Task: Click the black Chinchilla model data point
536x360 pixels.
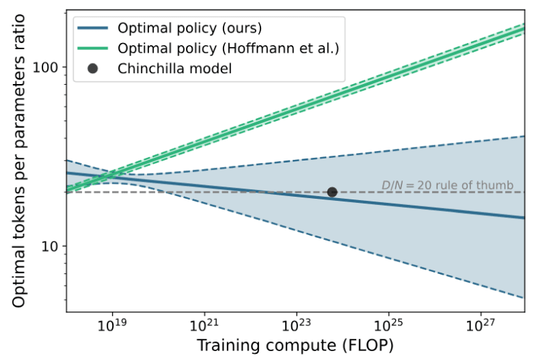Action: click(332, 192)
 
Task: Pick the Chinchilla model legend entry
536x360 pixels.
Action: click(174, 68)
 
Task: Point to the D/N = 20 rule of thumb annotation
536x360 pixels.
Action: click(451, 184)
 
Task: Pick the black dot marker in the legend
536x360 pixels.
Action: click(94, 68)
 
